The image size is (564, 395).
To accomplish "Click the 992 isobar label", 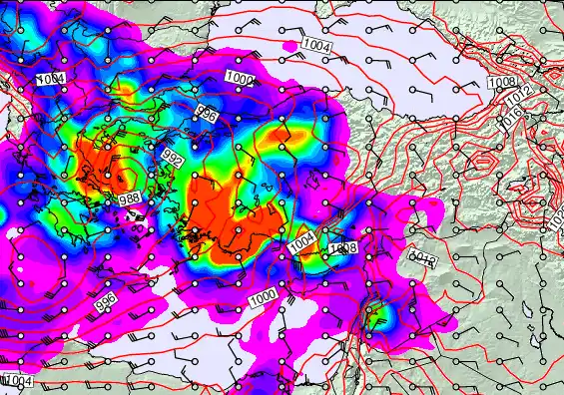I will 173,158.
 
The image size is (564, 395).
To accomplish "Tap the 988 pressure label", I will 129,199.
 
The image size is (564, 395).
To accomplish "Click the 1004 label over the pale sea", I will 316,46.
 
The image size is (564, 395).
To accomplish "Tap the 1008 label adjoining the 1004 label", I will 342,247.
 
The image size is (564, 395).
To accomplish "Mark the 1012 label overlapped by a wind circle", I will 423,260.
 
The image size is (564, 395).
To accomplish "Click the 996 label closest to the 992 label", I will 207,114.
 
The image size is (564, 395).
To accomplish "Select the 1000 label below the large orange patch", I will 264,296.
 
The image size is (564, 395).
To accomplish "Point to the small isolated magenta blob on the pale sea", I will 289,46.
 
